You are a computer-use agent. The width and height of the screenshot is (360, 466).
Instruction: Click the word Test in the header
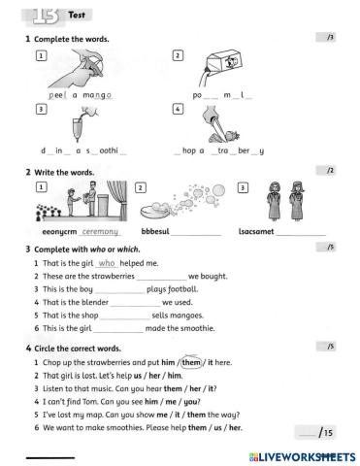[77, 16]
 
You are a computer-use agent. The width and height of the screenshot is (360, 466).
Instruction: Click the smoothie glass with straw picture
[81, 124]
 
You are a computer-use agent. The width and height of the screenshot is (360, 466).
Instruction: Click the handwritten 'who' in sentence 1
[108, 264]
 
